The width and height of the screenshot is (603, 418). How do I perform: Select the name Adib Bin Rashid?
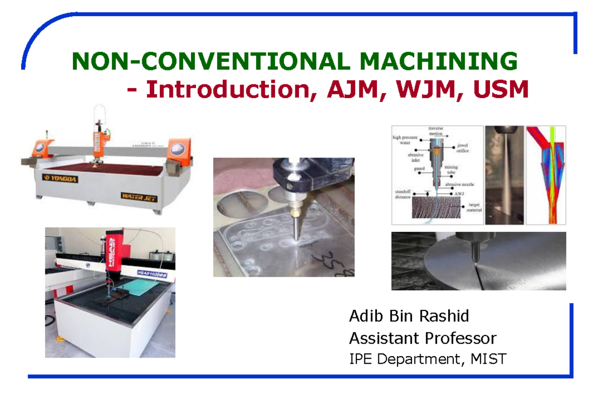[409, 316]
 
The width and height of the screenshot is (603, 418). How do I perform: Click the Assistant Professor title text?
[423, 338]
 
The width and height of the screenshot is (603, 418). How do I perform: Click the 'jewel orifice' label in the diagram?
[463, 147]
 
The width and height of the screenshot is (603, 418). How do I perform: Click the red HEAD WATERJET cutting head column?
[113, 257]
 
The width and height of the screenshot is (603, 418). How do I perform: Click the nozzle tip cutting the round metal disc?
[475, 259]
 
